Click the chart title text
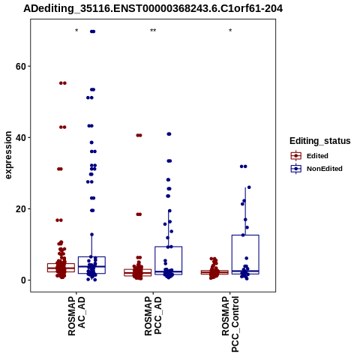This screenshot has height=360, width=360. tap(153, 8)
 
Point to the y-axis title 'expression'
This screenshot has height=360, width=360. tap(8, 155)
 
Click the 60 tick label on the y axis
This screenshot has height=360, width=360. tap(21, 67)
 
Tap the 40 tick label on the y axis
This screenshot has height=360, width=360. tap(21, 138)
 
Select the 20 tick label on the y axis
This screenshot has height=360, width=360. tap(21, 209)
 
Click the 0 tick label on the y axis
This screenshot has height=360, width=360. tap(24, 280)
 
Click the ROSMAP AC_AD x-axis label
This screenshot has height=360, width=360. tap(76, 316)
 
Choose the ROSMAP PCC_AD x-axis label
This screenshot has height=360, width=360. tap(153, 316)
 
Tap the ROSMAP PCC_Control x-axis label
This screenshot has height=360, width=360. tap(230, 324)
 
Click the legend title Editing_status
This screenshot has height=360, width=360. tap(320, 141)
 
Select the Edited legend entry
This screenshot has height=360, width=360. tap(310, 156)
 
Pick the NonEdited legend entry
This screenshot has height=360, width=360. tap(316, 169)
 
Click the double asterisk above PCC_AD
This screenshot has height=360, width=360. tap(153, 31)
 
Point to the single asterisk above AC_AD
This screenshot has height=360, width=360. tap(76, 31)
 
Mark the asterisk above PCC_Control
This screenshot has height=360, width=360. tap(230, 31)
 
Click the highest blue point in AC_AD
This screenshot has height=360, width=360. tap(92, 31)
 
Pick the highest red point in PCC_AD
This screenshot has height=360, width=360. tap(139, 136)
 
